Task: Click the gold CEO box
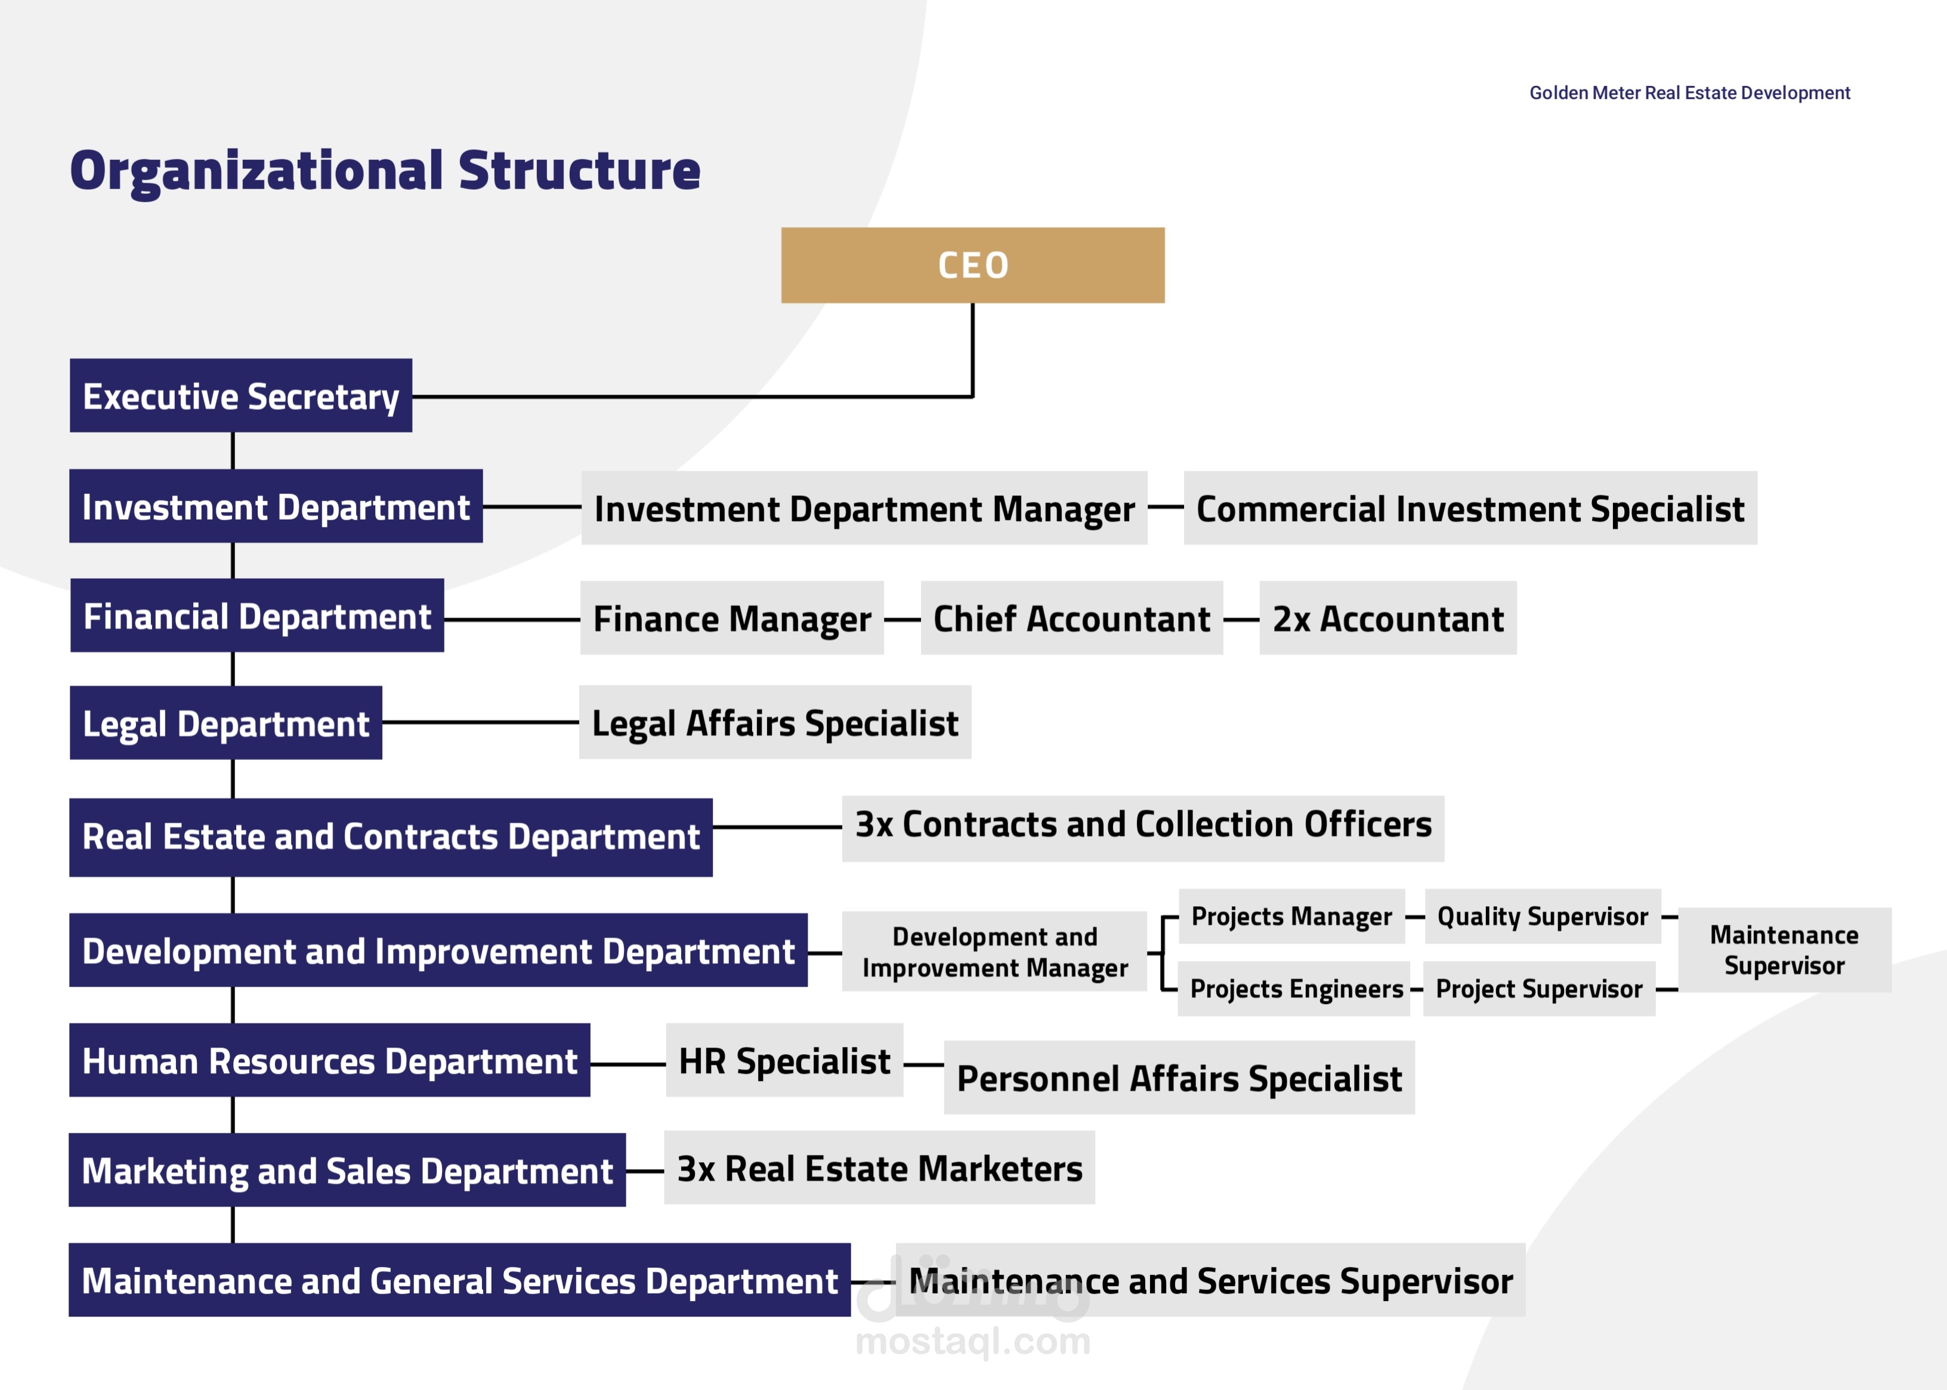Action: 972,265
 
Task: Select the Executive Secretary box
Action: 240,396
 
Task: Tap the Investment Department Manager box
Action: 864,508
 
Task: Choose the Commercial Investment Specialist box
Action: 1470,508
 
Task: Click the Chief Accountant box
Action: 1071,618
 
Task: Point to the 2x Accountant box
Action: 1388,618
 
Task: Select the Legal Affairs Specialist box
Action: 775,722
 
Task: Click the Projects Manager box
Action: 1292,917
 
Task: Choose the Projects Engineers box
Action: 1294,989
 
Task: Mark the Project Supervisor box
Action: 1540,989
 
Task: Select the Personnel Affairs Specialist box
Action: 1179,1077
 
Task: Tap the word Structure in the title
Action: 579,171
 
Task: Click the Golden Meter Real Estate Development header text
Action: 1689,92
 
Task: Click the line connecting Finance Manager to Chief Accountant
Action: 902,619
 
